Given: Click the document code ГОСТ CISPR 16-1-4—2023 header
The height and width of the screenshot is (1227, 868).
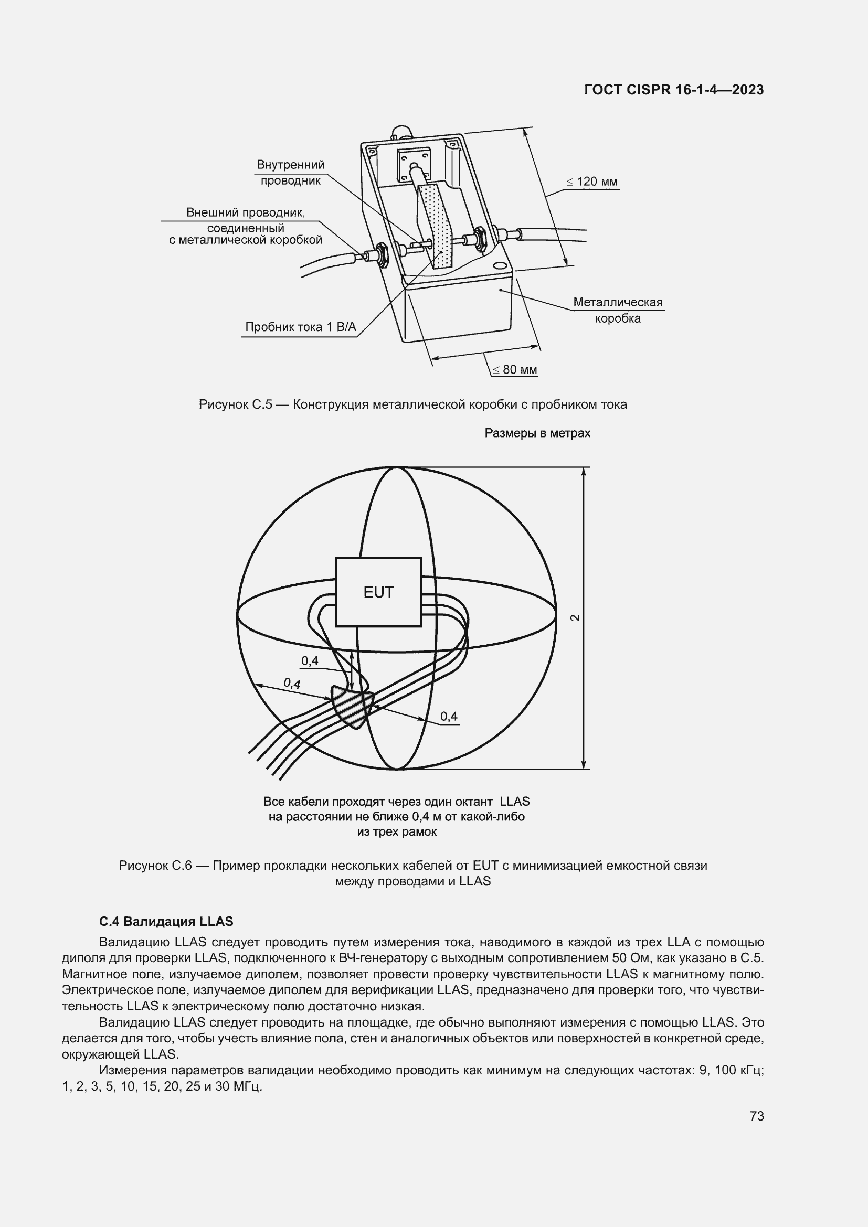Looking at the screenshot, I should [673, 90].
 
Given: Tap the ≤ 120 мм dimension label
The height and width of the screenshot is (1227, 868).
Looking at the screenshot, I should [591, 182].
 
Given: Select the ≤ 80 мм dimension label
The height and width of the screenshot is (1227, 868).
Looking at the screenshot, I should [514, 370].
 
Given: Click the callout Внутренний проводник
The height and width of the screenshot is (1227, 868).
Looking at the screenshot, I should [290, 172].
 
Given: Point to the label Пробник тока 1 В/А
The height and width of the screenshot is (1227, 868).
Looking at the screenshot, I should [300, 327].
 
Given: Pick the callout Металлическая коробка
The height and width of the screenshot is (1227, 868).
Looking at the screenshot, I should [617, 310].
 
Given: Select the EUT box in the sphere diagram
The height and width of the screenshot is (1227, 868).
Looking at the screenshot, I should [378, 592].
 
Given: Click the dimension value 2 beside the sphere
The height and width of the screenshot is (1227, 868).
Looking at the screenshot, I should [575, 618].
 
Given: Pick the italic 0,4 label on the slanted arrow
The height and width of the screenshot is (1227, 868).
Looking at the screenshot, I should [292, 683].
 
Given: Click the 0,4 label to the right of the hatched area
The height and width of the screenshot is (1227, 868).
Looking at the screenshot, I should [449, 716].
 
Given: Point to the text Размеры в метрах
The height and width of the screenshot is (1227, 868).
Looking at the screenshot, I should [537, 433].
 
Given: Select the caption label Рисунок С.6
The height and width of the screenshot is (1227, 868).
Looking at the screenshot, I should [155, 865].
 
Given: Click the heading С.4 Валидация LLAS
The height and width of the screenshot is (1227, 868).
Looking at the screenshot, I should [166, 921].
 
